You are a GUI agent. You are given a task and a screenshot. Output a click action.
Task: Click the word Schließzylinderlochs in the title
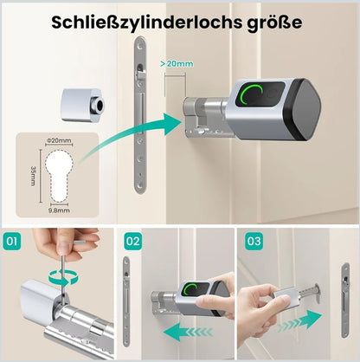147,23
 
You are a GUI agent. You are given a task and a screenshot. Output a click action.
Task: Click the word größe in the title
274,23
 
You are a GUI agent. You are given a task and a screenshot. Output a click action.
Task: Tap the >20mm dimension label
177,64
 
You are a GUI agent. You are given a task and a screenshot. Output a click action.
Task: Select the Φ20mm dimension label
59,140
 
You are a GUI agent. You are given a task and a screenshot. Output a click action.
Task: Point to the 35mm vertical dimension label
34,176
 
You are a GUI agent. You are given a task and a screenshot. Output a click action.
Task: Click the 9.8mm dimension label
59,210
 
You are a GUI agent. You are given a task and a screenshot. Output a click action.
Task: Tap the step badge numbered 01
12,241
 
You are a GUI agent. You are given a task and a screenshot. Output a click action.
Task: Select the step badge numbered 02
133,241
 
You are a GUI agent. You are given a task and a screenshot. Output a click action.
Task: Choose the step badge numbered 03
254,241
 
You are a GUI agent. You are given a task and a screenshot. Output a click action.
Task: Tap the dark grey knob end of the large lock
302,110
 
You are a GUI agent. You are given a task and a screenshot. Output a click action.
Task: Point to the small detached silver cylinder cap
82,104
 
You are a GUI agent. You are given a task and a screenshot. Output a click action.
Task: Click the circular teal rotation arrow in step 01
63,276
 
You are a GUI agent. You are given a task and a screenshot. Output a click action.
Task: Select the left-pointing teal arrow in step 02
188,333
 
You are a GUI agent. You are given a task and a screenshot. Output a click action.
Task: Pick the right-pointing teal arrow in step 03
299,320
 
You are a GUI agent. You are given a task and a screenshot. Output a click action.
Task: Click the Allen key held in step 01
62,271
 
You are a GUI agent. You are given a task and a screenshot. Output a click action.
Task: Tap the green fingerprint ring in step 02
191,289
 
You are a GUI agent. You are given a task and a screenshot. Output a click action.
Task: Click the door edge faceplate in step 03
344,301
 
